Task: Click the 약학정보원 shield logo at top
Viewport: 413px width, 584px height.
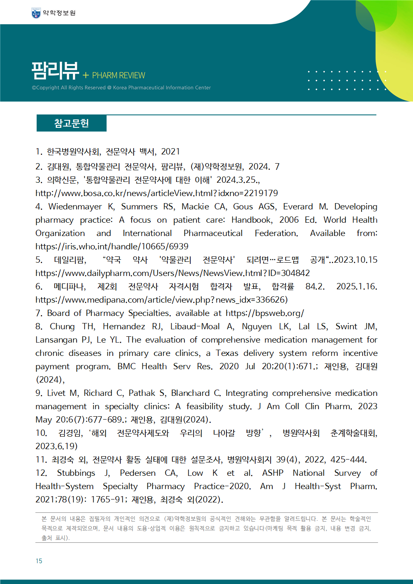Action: (36, 13)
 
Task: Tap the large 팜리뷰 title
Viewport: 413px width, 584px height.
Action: (55, 70)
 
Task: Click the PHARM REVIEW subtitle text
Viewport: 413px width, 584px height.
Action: (118, 75)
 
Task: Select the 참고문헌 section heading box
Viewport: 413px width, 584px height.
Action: (72, 123)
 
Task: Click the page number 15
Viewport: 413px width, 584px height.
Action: (39, 561)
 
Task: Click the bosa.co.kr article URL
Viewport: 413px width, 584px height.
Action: (157, 193)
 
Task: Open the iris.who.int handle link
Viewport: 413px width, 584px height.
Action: (112, 246)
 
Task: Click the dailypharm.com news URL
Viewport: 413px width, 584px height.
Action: (172, 273)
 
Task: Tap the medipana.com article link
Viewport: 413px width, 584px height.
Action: (161, 300)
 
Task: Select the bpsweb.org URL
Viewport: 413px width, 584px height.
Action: (265, 313)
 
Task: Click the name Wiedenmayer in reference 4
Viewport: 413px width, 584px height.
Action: (75, 206)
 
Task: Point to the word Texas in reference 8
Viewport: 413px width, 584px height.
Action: (227, 353)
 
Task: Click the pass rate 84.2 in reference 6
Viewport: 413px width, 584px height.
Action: (315, 286)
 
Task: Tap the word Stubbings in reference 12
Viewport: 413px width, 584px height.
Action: (76, 473)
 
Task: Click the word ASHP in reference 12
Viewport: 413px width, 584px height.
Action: (273, 473)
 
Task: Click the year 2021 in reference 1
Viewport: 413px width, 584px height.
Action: (170, 152)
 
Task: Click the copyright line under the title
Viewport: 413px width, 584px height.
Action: (121, 88)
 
